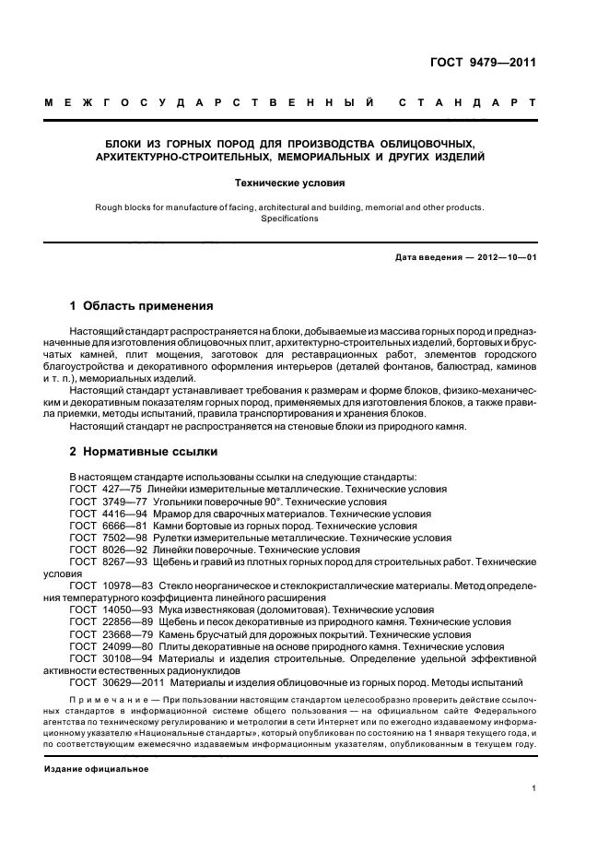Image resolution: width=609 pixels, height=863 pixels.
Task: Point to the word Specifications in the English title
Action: tap(289, 219)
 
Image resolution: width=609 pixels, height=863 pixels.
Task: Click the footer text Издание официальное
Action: tap(96, 768)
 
